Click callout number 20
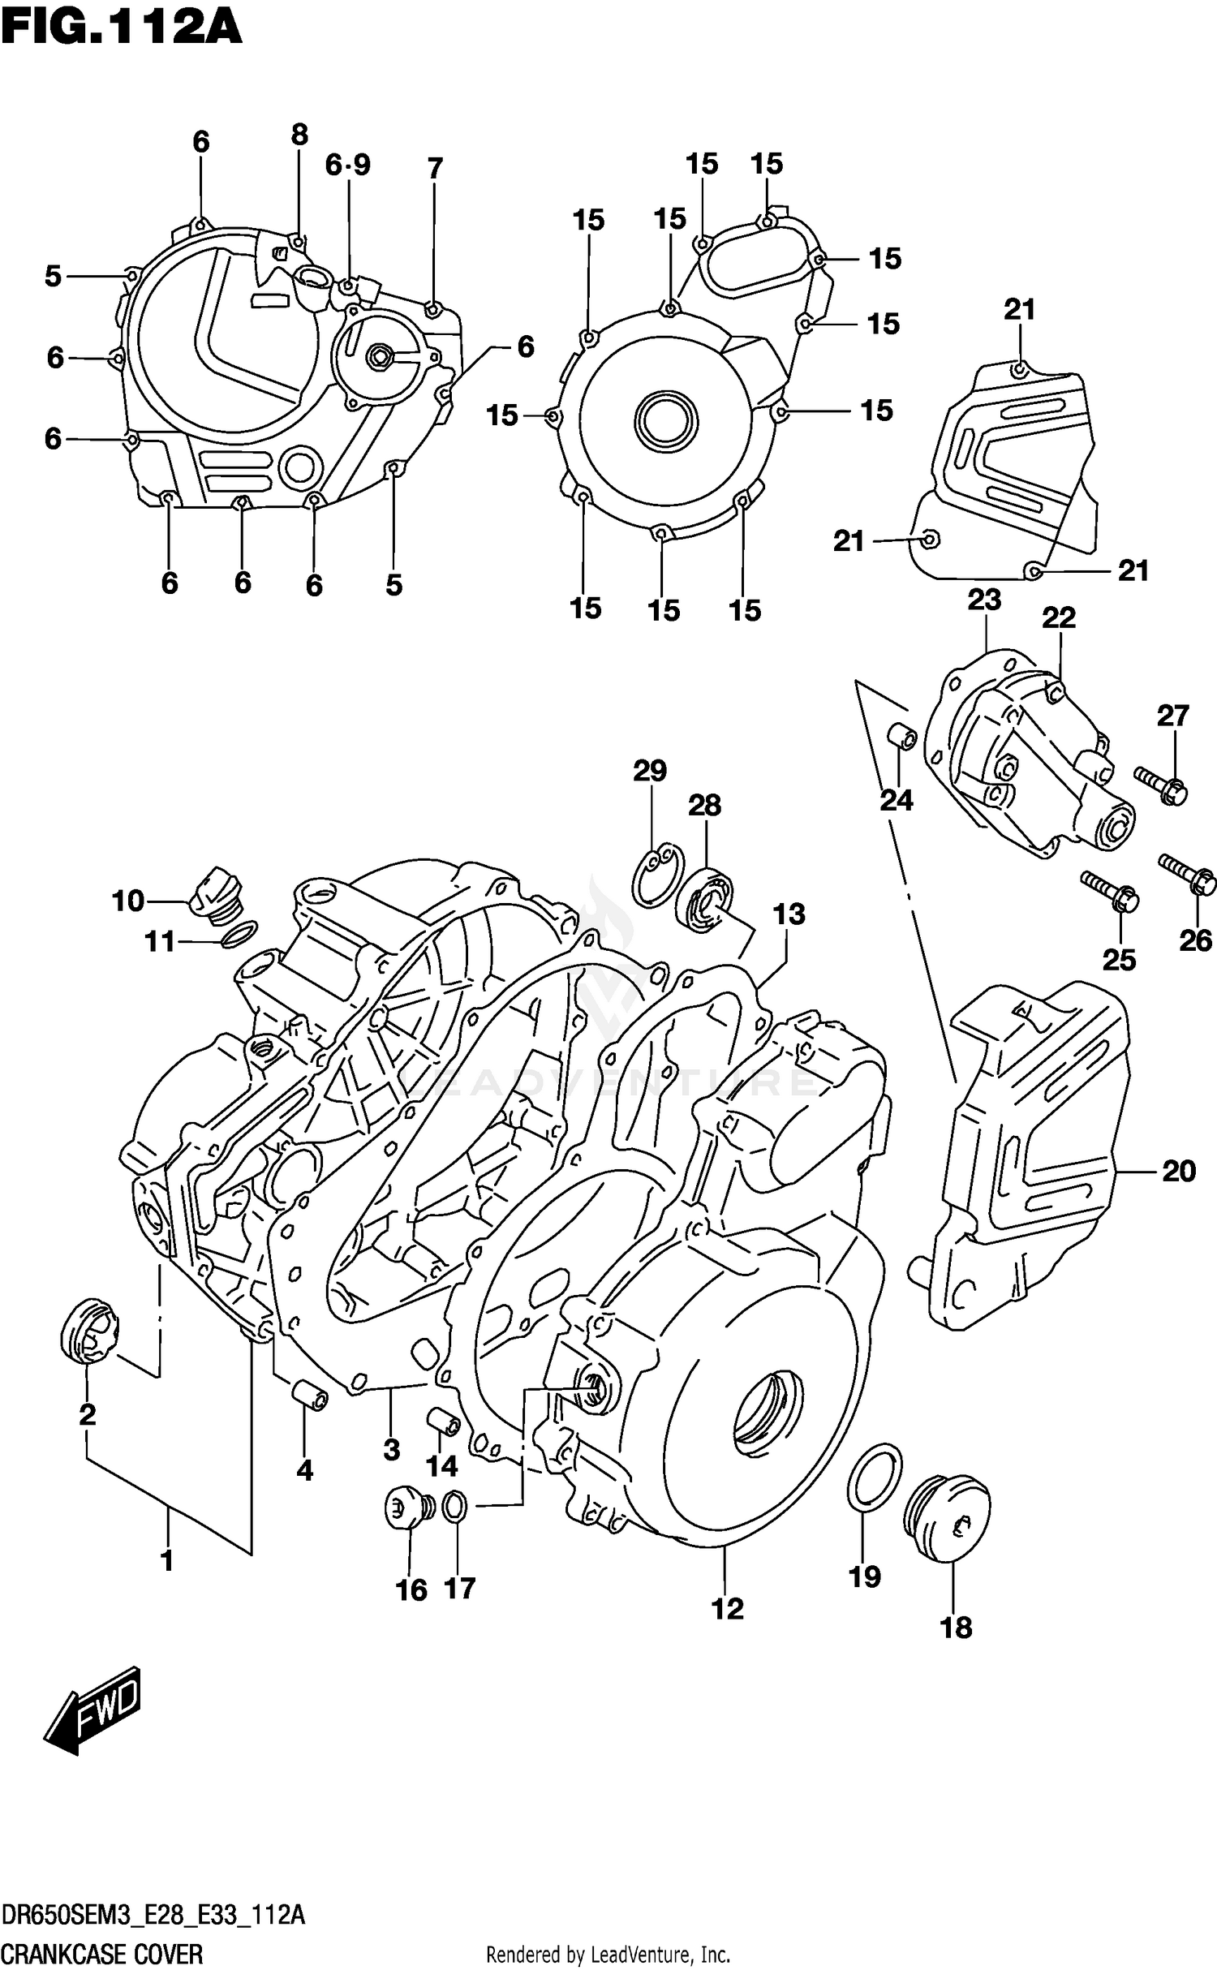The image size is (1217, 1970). pyautogui.click(x=1178, y=1172)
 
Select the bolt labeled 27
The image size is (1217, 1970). pyautogui.click(x=1160, y=783)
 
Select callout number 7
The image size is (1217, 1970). pyautogui.click(x=435, y=169)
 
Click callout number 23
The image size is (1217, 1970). pyautogui.click(x=983, y=600)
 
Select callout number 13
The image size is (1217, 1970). pyautogui.click(x=789, y=914)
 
